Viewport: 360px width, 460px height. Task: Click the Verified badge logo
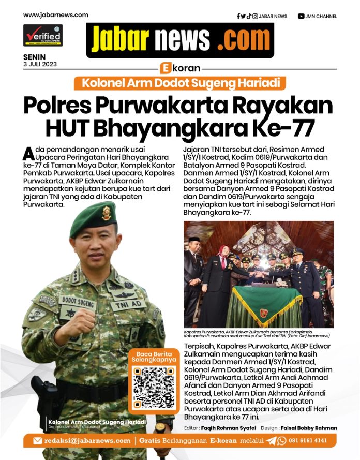coord(42,36)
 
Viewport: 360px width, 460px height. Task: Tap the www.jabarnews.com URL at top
coord(55,15)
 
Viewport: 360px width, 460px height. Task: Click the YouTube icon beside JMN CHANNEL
coord(301,16)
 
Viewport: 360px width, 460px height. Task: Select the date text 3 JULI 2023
coord(40,64)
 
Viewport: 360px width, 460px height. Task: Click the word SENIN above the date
coord(34,57)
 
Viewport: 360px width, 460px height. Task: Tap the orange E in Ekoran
coord(166,68)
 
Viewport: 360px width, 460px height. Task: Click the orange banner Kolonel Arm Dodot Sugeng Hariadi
coord(180,83)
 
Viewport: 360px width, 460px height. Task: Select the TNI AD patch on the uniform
coord(128,305)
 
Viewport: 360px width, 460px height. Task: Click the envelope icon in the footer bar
coord(37,441)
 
